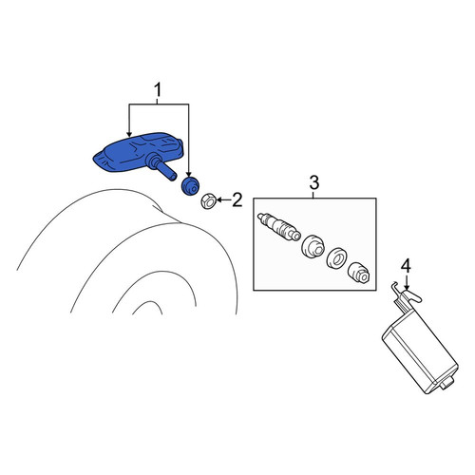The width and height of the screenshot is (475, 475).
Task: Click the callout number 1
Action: pos(158,89)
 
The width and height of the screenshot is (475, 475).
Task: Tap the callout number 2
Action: pos(237,199)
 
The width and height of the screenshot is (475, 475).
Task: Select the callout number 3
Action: pos(313,182)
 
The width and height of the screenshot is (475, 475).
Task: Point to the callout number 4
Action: pos(406,266)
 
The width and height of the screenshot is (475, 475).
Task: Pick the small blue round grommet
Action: pos(190,186)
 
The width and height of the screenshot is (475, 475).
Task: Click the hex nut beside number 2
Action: pos(209,201)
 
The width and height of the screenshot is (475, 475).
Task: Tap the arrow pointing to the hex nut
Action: pos(223,199)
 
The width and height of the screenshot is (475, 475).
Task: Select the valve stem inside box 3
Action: pos(278,227)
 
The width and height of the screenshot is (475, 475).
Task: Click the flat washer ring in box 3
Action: pos(337,258)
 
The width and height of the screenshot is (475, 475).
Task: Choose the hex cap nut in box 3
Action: pos(358,273)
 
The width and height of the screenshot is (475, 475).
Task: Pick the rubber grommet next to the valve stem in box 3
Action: pos(313,246)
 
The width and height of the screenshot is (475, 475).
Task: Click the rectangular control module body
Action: pos(420,351)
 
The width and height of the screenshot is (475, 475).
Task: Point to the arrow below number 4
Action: pos(407,282)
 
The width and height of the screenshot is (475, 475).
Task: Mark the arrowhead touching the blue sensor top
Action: pos(128,134)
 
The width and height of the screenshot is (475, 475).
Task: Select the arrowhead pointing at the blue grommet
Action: pos(189,174)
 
